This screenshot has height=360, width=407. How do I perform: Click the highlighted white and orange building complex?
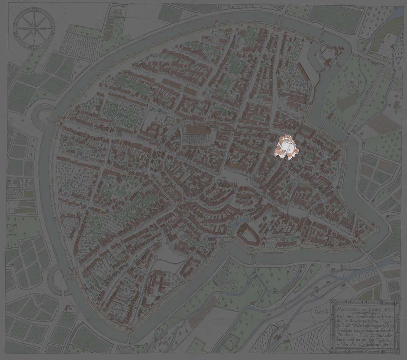coord(286,146)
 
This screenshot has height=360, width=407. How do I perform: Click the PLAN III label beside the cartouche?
coord(321,311)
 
